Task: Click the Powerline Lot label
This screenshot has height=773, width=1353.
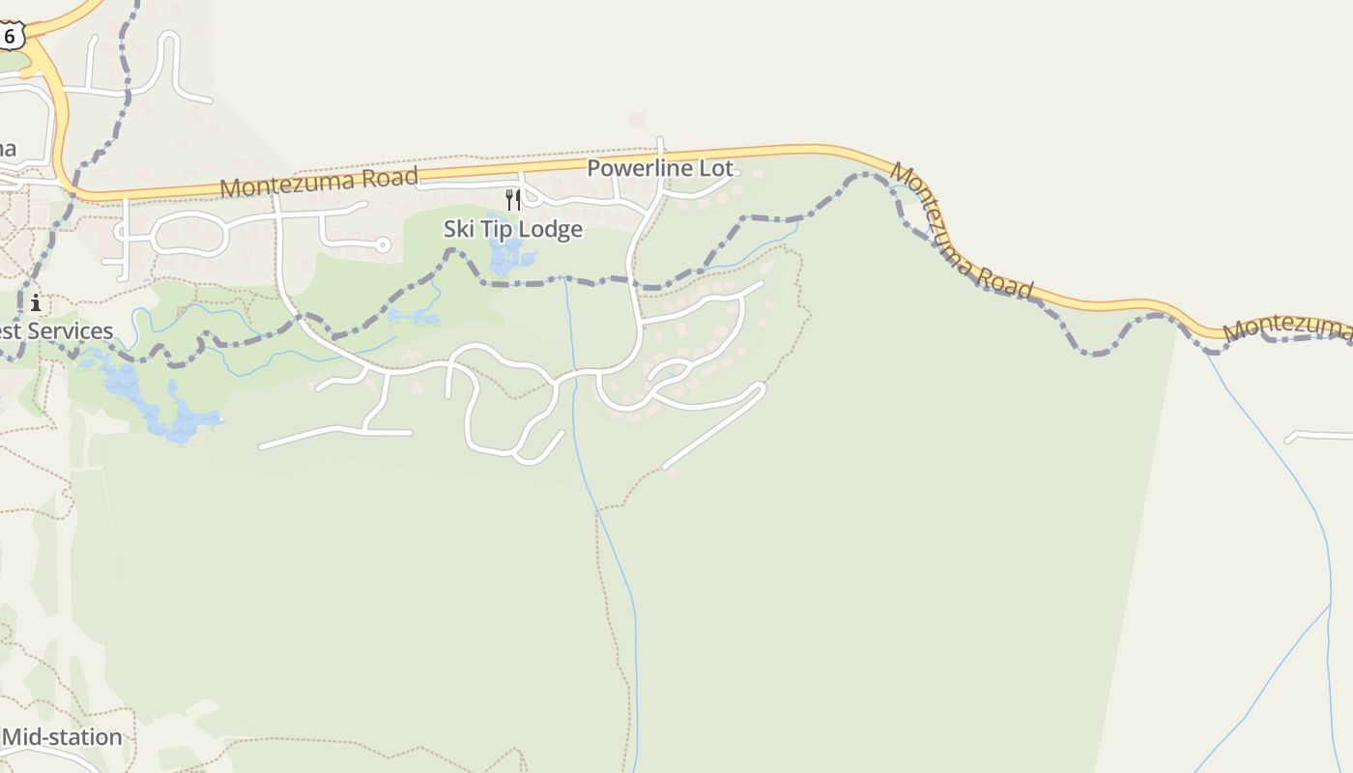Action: point(660,168)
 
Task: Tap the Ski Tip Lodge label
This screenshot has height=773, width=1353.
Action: point(513,229)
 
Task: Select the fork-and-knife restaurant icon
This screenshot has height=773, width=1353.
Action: point(513,200)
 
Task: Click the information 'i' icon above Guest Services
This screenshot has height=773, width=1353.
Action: point(36,302)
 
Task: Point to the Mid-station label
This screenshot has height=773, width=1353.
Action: point(62,737)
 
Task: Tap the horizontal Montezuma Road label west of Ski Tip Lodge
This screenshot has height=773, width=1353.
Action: point(319,181)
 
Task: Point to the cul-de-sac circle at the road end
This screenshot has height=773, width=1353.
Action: point(384,245)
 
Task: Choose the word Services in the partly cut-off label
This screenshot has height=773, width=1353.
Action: point(70,331)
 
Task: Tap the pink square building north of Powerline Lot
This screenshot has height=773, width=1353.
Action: point(636,120)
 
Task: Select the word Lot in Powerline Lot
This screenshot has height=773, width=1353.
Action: point(716,168)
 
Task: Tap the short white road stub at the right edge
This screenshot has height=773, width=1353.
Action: point(1319,436)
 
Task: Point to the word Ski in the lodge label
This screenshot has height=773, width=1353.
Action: point(459,229)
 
